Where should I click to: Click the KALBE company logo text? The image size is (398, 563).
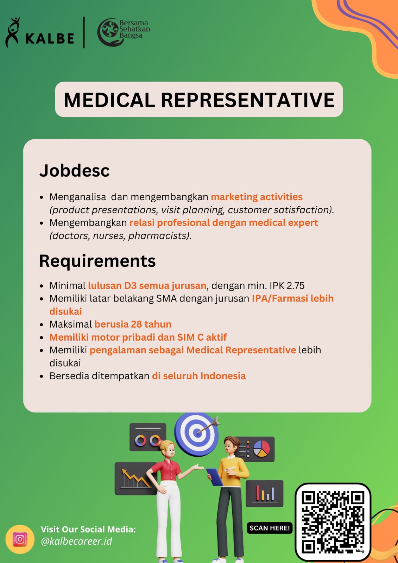pyautogui.click(x=50, y=38)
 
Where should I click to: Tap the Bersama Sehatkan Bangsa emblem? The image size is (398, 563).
pyautogui.click(x=108, y=32)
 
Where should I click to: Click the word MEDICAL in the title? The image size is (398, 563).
pyautogui.click(x=109, y=100)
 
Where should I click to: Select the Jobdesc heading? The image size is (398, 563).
pyautogui.click(x=74, y=171)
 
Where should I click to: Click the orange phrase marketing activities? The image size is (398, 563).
pyautogui.click(x=257, y=197)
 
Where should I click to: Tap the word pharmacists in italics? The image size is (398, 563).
pyautogui.click(x=158, y=236)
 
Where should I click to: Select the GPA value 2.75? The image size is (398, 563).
pyautogui.click(x=296, y=286)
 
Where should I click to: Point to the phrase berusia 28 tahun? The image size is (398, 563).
pyautogui.click(x=133, y=324)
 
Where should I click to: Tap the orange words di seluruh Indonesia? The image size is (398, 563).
pyautogui.click(x=199, y=376)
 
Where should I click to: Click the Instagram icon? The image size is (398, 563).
pyautogui.click(x=20, y=539)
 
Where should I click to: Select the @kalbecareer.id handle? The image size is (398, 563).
pyautogui.click(x=76, y=541)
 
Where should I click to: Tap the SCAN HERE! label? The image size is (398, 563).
pyautogui.click(x=270, y=528)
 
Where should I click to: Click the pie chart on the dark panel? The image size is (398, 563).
pyautogui.click(x=261, y=449)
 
